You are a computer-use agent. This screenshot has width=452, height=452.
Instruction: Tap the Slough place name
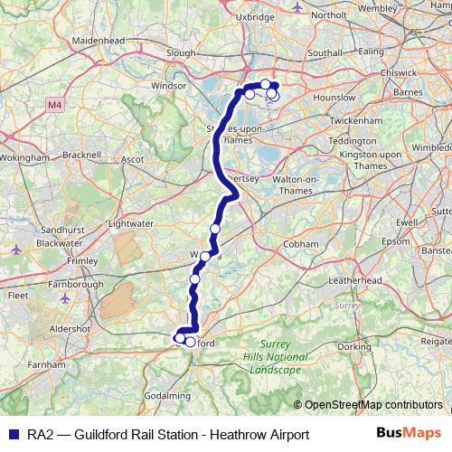pyautogui.click(x=181, y=53)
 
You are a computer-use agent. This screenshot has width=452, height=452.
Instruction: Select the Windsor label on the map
pyautogui.click(x=167, y=87)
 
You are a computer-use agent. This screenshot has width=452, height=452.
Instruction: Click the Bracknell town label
pyautogui.click(x=82, y=155)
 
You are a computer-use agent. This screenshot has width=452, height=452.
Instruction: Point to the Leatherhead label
pyautogui.click(x=355, y=281)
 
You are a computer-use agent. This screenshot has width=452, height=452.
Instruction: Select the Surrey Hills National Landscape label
pyautogui.click(x=276, y=357)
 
